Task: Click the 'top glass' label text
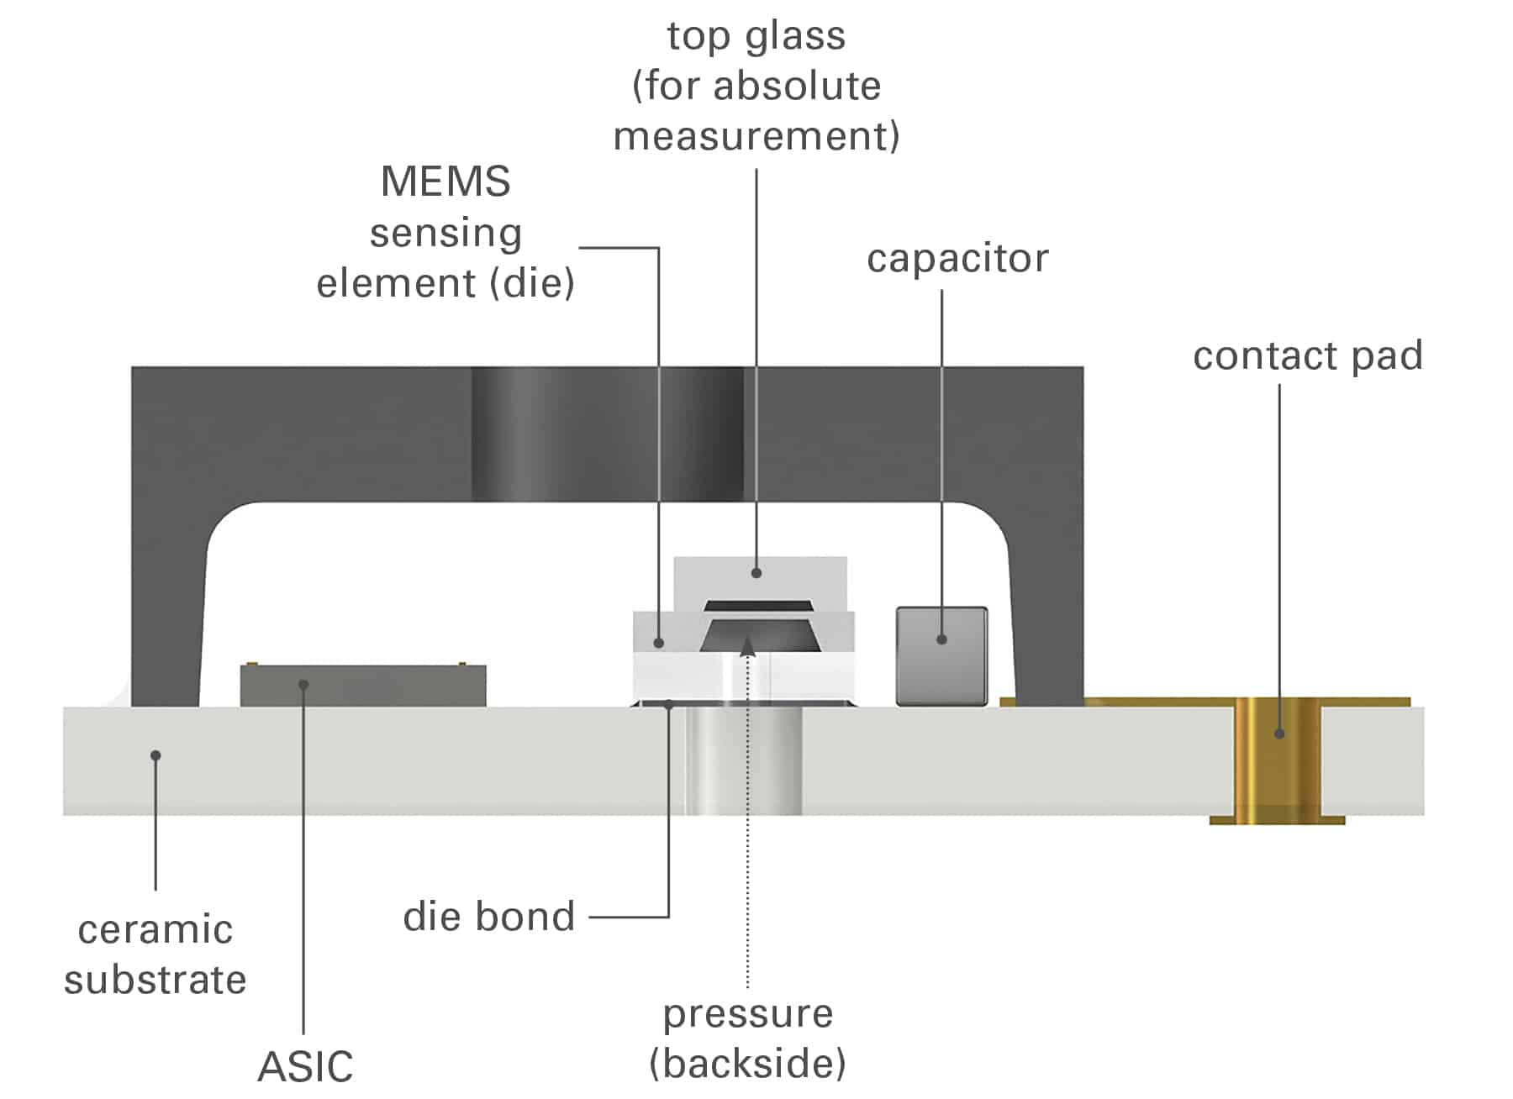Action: (x=756, y=36)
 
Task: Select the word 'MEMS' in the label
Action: (x=445, y=181)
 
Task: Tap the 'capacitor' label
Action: (x=957, y=258)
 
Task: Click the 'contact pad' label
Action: (x=1307, y=355)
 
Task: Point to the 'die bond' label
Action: (x=488, y=916)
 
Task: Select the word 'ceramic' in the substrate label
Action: (x=156, y=929)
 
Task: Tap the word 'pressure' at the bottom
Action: (x=747, y=1013)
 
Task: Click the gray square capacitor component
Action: (x=941, y=655)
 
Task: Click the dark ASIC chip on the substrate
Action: (x=363, y=686)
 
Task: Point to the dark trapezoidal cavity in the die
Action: (x=759, y=636)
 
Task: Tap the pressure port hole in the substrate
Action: (x=744, y=760)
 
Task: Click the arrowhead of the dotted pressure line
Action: (x=747, y=644)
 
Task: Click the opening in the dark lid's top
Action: (x=607, y=433)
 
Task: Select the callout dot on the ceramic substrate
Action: (x=156, y=755)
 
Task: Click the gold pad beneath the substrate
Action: (x=1278, y=819)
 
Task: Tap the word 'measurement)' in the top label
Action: (x=756, y=136)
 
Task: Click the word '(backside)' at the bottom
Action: (x=747, y=1064)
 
